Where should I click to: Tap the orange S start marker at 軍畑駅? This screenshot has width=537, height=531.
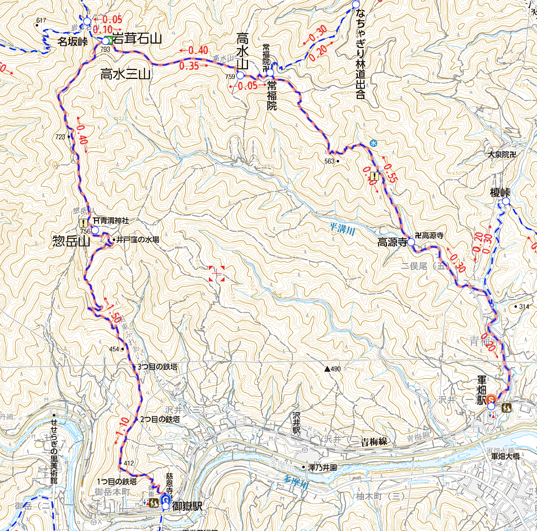[x=491, y=399]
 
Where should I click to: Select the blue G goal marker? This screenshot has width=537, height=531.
[x=165, y=499]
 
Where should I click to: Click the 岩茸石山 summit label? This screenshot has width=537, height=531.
[x=137, y=39]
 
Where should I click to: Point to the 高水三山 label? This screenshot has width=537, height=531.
[x=125, y=73]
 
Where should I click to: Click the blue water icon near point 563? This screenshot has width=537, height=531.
[x=373, y=144]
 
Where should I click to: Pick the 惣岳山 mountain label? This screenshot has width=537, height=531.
[x=71, y=242]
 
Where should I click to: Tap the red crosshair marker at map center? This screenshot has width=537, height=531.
[x=217, y=274]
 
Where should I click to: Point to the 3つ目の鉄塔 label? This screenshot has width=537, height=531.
[x=157, y=367]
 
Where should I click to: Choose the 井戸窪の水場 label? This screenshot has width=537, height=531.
[x=138, y=239]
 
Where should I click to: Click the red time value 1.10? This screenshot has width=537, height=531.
[x=123, y=429]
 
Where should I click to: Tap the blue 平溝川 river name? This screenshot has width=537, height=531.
[x=340, y=228]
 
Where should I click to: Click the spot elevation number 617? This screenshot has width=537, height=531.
[x=40, y=21]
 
